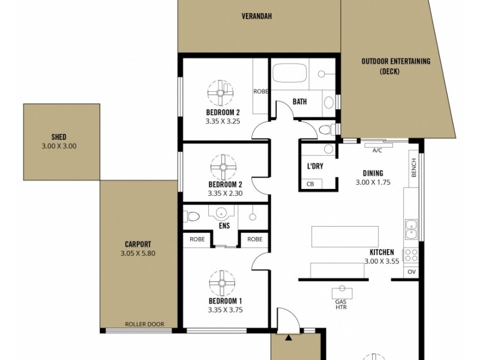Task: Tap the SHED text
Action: click(x=59, y=136)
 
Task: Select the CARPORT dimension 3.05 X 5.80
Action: click(x=138, y=254)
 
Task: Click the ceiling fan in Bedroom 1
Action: click(x=217, y=281)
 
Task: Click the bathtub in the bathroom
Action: click(x=289, y=74)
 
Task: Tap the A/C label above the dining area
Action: click(x=377, y=151)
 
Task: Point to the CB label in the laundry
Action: click(x=310, y=184)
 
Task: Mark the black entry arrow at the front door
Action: click(x=289, y=338)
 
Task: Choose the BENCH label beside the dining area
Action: click(x=414, y=167)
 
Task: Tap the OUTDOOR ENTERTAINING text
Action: click(x=397, y=61)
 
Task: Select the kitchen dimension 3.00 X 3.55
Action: click(x=381, y=261)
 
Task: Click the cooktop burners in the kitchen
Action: click(x=411, y=254)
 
